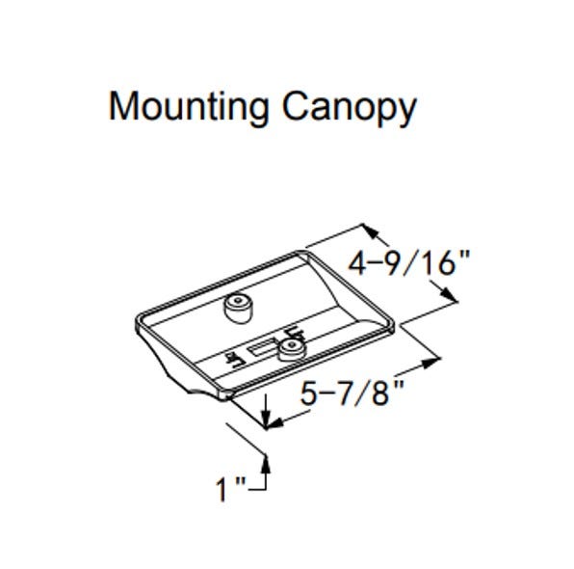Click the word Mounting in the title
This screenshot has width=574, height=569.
pos(189,107)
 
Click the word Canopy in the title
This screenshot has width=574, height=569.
pos(350,107)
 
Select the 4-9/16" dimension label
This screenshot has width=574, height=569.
pos(408,263)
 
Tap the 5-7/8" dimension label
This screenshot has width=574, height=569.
pos(352,393)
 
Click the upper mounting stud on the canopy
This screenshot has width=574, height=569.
pos(238,309)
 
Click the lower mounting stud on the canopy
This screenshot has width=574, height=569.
pos(292,350)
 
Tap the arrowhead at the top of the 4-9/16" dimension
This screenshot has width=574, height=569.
pos(371,231)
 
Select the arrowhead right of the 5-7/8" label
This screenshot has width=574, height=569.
pos(430,363)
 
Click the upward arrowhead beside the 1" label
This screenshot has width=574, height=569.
pos(266,465)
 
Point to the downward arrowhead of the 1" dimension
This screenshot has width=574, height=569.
pos(266,419)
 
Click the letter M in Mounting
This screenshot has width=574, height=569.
pos(124,106)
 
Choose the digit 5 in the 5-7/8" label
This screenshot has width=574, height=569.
pos(308,393)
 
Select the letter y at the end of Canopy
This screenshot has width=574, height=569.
pos(408,112)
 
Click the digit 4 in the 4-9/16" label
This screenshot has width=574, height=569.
pos(356,263)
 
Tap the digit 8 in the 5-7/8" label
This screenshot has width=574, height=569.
pos(379,393)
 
